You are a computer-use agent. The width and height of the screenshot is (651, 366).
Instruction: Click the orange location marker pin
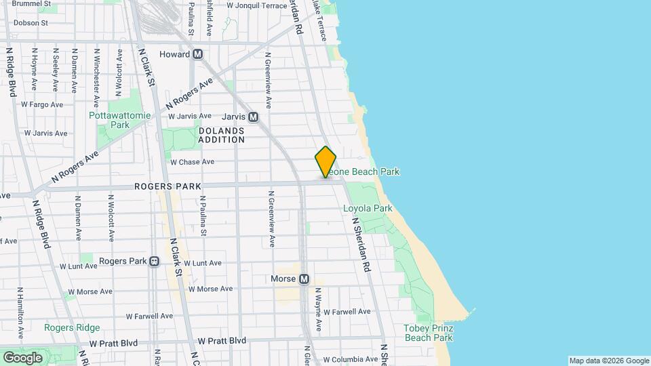click(325, 162)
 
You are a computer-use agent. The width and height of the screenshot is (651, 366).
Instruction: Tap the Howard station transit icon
click(198, 54)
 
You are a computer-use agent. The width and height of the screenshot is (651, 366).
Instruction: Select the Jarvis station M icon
click(254, 117)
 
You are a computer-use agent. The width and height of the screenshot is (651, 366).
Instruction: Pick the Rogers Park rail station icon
click(155, 261)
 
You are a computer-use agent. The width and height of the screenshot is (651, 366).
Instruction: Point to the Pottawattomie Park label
click(110, 120)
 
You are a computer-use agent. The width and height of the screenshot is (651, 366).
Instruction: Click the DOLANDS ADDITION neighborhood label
click(221, 135)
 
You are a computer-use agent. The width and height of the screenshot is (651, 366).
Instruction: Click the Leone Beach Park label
click(366, 172)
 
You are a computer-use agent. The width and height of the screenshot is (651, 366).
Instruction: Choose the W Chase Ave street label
click(192, 162)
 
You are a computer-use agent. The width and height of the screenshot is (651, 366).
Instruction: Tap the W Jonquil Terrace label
click(257, 5)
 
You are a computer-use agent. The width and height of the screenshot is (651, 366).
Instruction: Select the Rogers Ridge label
click(72, 328)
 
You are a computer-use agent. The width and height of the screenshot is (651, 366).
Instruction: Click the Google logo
click(22, 357)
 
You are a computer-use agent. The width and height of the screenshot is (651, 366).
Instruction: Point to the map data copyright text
click(609, 361)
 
